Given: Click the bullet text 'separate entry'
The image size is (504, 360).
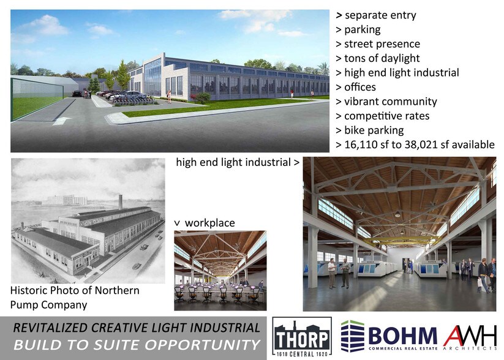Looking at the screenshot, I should (375, 15).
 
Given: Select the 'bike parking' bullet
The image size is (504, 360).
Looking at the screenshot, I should (375, 130).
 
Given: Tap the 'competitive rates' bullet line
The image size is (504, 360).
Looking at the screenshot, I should (386, 116).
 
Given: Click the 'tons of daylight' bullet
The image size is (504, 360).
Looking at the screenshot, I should (382, 58).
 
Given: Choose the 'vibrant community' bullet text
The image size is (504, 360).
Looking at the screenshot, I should (386, 102).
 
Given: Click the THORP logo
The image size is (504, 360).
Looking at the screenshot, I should (301, 337).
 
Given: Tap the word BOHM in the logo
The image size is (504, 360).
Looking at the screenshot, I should (402, 336).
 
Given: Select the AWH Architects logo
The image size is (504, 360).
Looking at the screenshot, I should (470, 336).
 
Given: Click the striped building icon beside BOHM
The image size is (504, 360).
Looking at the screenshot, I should (352, 337).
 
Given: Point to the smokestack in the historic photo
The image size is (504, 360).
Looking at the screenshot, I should (121, 201).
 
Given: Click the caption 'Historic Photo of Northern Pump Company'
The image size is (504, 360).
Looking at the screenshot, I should (75, 297).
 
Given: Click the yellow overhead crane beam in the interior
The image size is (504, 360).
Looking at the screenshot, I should (399, 239).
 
